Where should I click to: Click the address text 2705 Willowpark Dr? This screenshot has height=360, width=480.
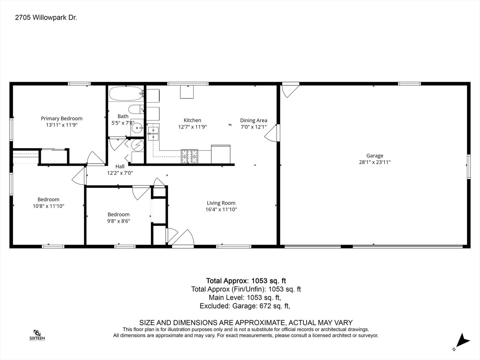point(46,17)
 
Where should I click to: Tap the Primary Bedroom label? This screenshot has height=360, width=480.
point(62,118)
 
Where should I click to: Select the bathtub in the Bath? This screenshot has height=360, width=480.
point(126,94)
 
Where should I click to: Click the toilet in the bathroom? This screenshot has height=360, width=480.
point(136,109)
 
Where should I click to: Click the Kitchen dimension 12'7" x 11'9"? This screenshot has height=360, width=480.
point(192,127)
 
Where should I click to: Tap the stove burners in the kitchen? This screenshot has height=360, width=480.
point(189,156)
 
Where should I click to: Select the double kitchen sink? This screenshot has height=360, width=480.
point(153,134)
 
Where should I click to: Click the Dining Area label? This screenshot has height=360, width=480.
point(254,120)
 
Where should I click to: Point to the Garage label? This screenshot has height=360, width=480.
point(375,156)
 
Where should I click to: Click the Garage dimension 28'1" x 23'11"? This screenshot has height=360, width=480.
point(375,162)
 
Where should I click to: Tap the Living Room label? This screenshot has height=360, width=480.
point(221,203)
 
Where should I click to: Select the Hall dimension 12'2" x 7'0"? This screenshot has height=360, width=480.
point(120,173)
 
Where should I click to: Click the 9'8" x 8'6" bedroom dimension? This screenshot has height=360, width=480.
point(119,221)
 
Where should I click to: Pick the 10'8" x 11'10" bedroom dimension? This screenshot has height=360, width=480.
point(48,206)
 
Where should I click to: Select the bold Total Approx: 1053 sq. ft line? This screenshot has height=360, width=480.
point(246,281)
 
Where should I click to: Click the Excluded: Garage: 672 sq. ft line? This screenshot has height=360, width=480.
point(245,306)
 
